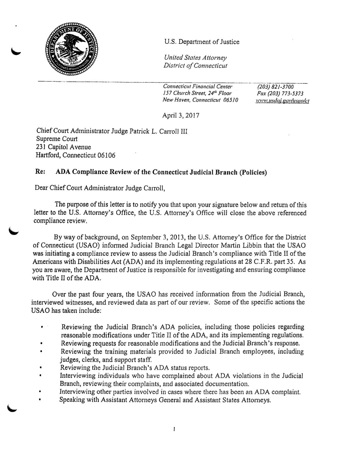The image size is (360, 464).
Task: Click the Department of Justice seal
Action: coord(71,49)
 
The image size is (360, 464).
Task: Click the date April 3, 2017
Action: coord(181,115)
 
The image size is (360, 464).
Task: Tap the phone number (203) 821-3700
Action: coord(275,87)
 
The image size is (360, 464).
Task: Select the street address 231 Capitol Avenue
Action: coord(63,147)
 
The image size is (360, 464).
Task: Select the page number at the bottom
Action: coord(174,429)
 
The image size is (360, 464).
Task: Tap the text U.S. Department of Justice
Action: coord(202,42)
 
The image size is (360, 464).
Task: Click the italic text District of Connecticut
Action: coord(195,65)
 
